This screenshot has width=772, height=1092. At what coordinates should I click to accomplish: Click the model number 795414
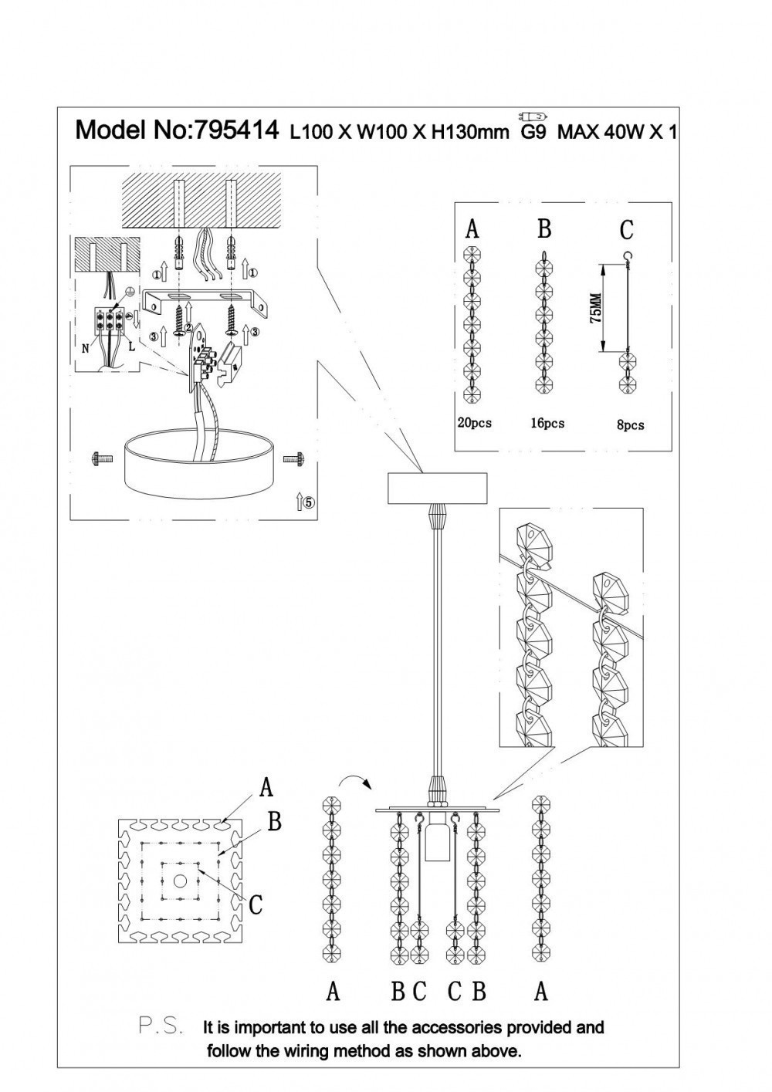pyautogui.click(x=238, y=130)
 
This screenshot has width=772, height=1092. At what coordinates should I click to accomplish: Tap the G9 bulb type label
pyautogui.click(x=533, y=131)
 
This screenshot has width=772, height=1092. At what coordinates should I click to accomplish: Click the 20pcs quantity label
pyautogui.click(x=473, y=423)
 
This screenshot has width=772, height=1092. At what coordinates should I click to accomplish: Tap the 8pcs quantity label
pyautogui.click(x=631, y=424)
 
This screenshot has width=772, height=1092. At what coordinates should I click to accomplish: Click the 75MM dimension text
pyautogui.click(x=594, y=309)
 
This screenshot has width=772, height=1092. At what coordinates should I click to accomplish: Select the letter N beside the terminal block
pyautogui.click(x=85, y=348)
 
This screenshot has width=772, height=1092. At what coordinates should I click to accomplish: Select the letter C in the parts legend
pyautogui.click(x=626, y=230)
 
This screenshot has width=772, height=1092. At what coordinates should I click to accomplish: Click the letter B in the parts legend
pyautogui.click(x=544, y=229)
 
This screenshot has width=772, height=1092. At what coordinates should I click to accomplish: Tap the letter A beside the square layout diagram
pyautogui.click(x=266, y=787)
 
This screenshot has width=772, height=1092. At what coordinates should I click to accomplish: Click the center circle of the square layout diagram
pyautogui.click(x=180, y=881)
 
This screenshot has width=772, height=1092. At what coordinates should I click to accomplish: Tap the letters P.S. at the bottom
pyautogui.click(x=161, y=1026)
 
